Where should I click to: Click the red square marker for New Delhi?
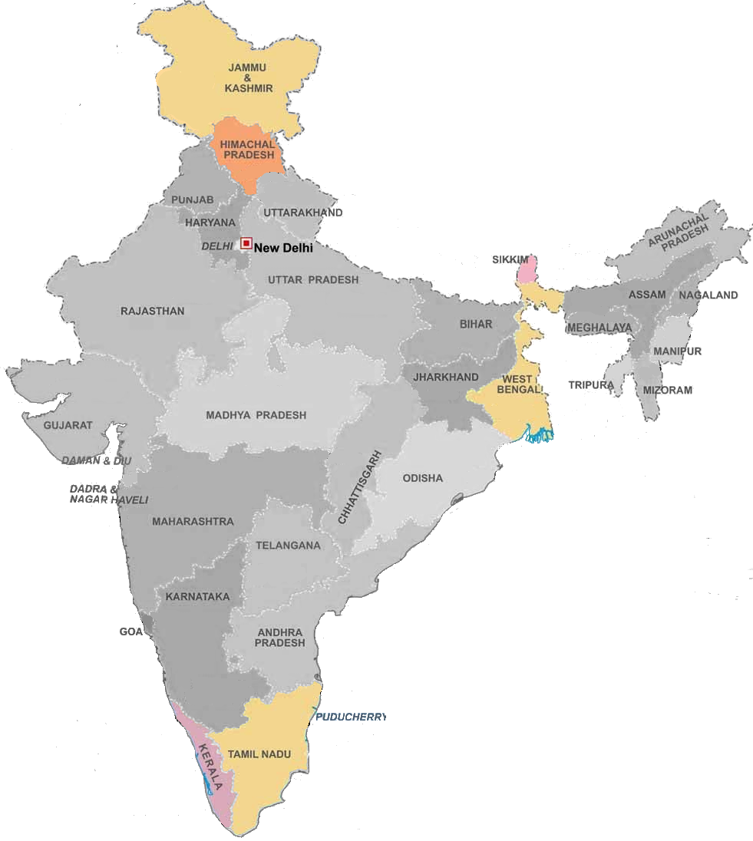[x=246, y=244]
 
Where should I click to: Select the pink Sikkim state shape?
[x=527, y=270]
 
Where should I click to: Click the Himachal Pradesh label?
[x=247, y=150]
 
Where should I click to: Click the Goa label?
[x=130, y=632]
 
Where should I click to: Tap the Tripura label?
[x=591, y=384]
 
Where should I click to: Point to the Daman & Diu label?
[x=97, y=460]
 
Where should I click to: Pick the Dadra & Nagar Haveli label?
[x=109, y=494]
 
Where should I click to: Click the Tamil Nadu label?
[x=259, y=755]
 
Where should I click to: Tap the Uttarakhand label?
[x=303, y=213]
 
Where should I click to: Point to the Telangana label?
[x=288, y=546]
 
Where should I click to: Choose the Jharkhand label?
[x=446, y=377]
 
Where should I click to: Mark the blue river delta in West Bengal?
[x=538, y=436]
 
